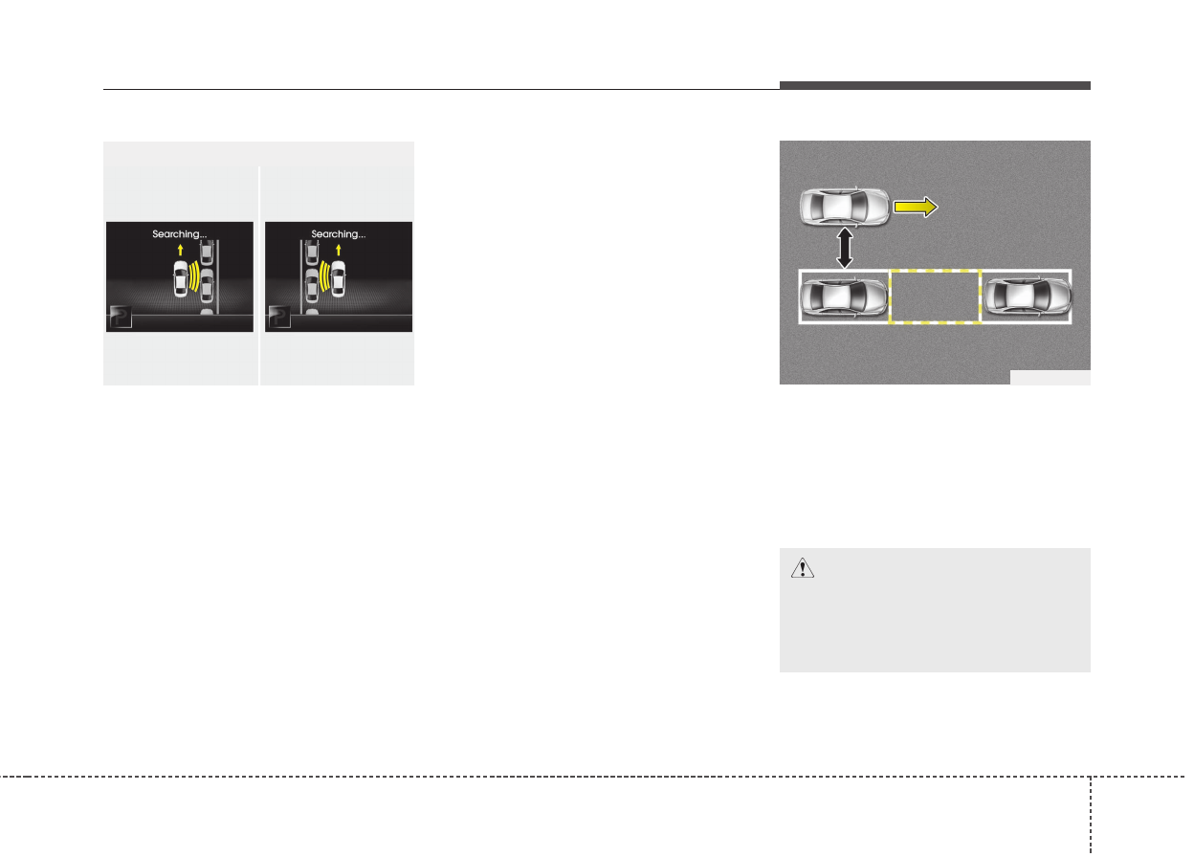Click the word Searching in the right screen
(x=338, y=233)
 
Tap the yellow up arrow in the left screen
(x=179, y=251)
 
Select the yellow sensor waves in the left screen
(x=195, y=277)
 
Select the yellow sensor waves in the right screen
(x=322, y=277)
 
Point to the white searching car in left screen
(x=179, y=280)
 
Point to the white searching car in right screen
(x=338, y=280)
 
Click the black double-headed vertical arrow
(x=844, y=249)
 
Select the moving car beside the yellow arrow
(x=844, y=207)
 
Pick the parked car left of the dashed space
(x=844, y=297)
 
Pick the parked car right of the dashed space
(x=1026, y=297)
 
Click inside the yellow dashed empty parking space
(x=935, y=297)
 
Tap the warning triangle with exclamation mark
(x=800, y=568)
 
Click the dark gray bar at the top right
(x=935, y=86)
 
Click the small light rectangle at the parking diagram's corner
(x=1050, y=377)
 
